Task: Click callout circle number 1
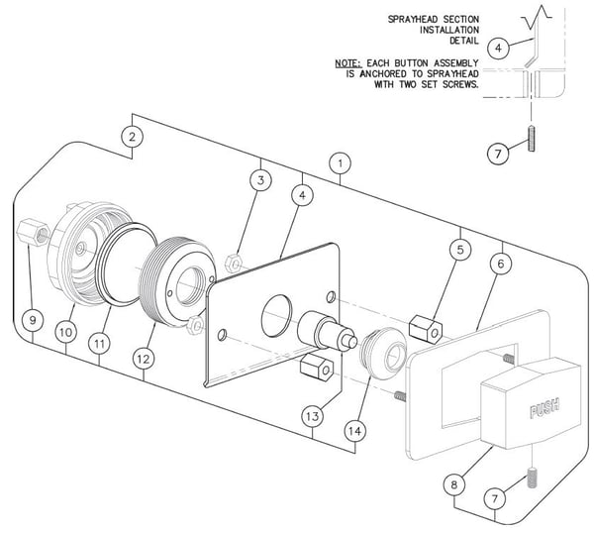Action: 340,163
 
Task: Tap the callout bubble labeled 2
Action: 132,137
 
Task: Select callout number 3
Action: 260,180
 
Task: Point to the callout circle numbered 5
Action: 460,250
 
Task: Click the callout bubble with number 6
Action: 501,264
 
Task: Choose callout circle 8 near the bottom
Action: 453,484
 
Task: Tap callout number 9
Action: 33,320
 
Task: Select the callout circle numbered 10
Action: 65,332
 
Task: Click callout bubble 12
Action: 144,359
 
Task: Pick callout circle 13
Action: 313,416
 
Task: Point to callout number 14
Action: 355,431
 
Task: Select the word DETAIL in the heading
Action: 464,41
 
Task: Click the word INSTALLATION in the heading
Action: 449,30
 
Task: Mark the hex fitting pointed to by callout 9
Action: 34,232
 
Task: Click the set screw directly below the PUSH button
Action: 532,478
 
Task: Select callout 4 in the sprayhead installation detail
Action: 498,49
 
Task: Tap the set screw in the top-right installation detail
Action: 531,139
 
